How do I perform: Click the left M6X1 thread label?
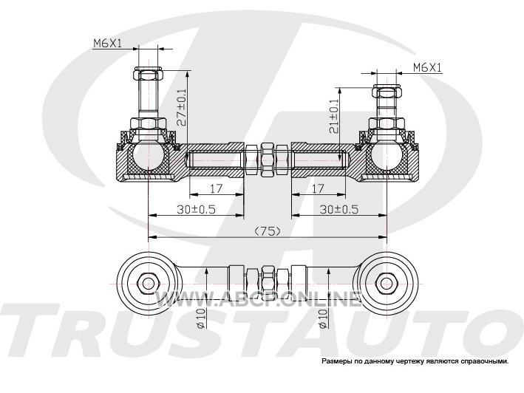(108, 43)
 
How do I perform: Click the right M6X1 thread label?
(427, 67)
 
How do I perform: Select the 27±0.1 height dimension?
(182, 107)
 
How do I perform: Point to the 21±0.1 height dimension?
(333, 117)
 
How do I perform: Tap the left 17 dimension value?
(216, 188)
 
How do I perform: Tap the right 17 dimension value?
(318, 188)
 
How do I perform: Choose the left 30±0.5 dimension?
(196, 209)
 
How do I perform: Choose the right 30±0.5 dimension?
(338, 209)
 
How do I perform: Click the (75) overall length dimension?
(267, 230)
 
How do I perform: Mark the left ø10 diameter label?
(200, 318)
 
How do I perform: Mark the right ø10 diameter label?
(323, 318)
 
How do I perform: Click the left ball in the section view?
(148, 154)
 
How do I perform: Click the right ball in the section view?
(387, 154)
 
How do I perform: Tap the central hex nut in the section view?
(268, 160)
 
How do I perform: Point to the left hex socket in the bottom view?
(147, 284)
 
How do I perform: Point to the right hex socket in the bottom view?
(387, 284)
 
